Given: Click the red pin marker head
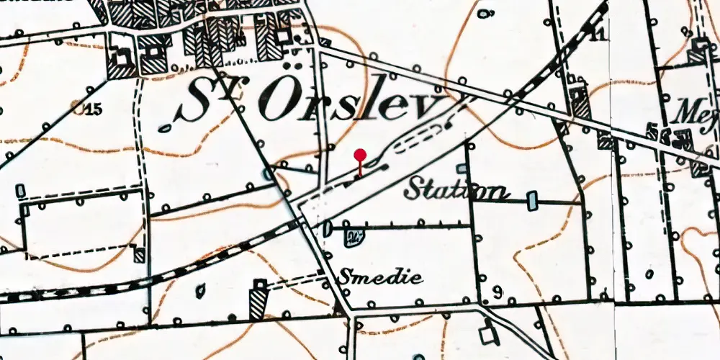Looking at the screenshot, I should click(360, 154).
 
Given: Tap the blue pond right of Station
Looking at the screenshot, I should click(532, 200).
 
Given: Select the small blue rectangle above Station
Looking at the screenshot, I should click(462, 168).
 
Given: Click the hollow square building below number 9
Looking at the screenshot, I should click(489, 335).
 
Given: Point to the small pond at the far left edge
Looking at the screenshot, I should click(20, 190).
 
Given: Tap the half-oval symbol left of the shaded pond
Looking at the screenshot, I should click(328, 229).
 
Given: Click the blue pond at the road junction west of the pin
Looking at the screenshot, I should click(269, 174).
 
